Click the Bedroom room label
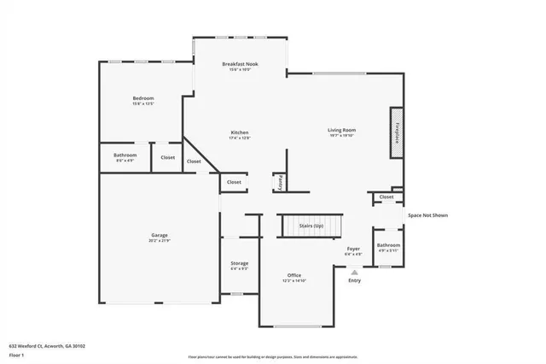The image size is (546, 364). click(142, 99)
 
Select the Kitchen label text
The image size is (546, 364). click(240, 132)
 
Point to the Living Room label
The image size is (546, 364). click(341, 131)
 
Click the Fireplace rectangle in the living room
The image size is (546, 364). click(397, 132)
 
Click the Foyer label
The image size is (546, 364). click(353, 250)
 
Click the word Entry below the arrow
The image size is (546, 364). click(355, 281)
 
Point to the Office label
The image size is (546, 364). click(294, 275)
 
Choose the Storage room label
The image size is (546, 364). click(239, 263)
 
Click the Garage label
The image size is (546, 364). click(159, 236)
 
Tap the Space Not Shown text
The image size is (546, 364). click(427, 215)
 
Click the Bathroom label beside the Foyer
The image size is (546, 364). click(389, 245)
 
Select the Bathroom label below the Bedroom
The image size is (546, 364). click(125, 155)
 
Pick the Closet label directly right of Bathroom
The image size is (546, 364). click(167, 157)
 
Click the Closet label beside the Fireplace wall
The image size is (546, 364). click(386, 197)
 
